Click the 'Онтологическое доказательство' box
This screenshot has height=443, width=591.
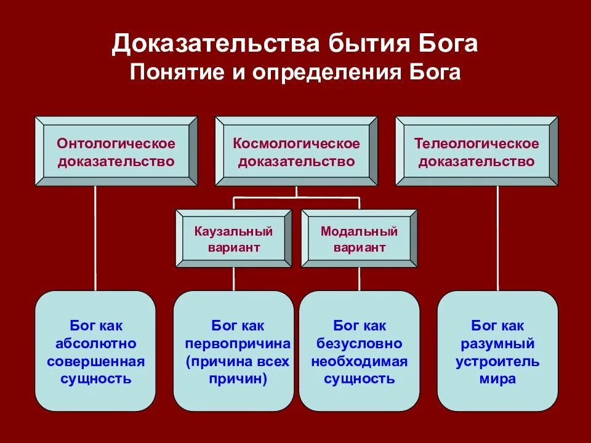click(116, 151)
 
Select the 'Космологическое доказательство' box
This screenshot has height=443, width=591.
click(296, 151)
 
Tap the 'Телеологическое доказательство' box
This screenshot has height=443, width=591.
click(476, 151)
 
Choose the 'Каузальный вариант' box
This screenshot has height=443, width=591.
click(233, 239)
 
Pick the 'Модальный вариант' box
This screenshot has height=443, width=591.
click(359, 239)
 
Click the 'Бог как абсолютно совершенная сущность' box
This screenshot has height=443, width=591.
click(95, 351)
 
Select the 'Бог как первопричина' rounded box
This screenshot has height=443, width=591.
click(233, 351)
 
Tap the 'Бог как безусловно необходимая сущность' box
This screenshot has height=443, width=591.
click(359, 351)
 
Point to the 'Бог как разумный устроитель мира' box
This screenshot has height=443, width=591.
click(497, 351)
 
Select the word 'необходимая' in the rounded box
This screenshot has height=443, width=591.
click(359, 361)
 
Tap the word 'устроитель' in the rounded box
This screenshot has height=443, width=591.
click(497, 361)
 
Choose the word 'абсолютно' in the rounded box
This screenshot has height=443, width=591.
click(95, 343)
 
